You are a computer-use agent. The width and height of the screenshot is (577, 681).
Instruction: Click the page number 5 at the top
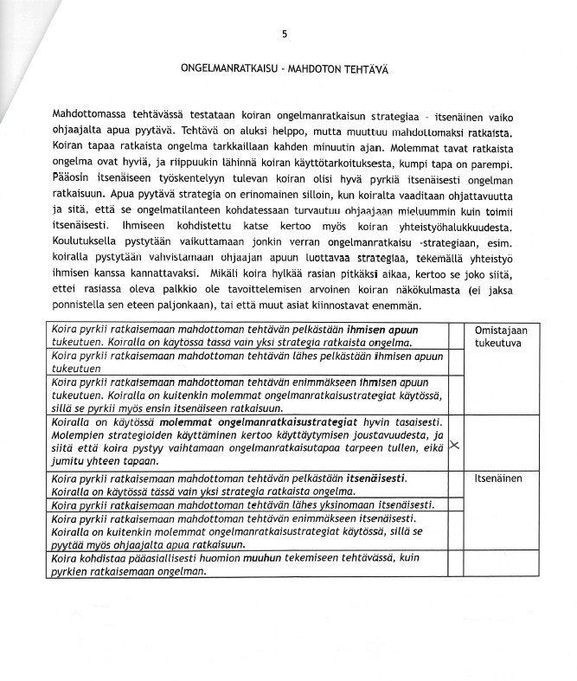click(x=285, y=35)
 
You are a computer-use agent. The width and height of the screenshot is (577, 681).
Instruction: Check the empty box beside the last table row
click(x=456, y=566)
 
